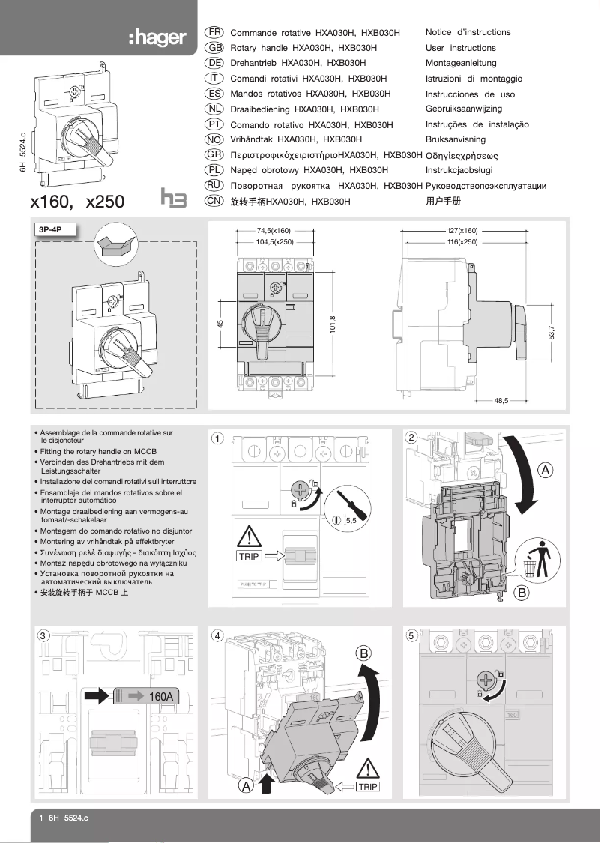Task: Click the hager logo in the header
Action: pos(156,37)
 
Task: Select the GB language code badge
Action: pos(214,48)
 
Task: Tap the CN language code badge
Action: pos(214,201)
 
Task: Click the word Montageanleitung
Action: pos(460,64)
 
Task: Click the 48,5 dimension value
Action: pos(501,402)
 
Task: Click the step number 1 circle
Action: pos(217,438)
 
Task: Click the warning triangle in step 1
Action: pos(249,537)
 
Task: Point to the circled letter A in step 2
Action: pos(546,470)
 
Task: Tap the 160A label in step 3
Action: pos(160,696)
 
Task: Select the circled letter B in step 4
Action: pos(364,653)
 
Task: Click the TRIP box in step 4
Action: pos(367,787)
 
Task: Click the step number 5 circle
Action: pos(411,636)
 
